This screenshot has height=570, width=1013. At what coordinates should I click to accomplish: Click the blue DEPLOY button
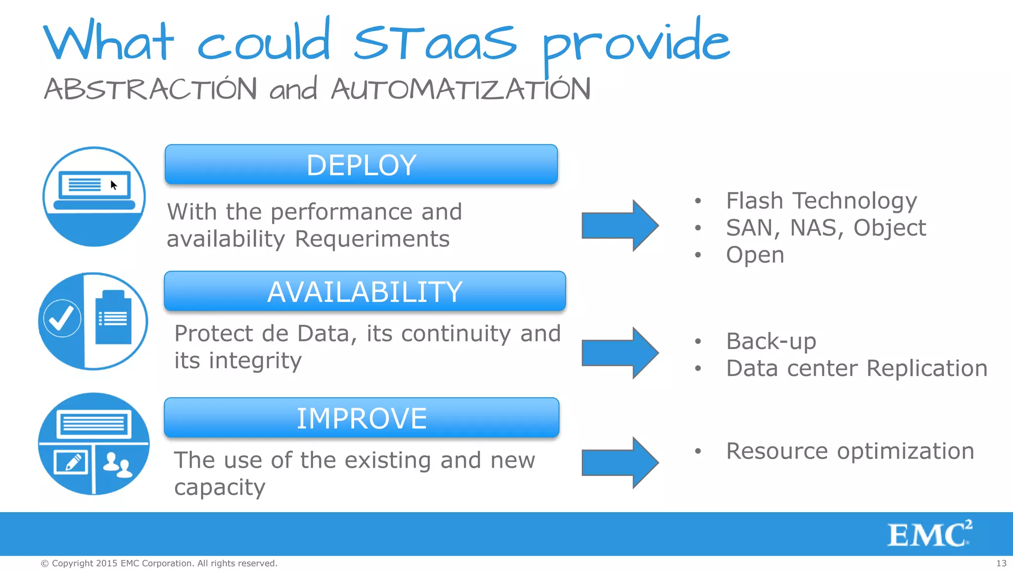(x=361, y=165)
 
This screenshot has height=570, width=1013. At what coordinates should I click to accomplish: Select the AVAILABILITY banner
(x=365, y=291)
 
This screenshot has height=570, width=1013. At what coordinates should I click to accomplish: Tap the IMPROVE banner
(x=361, y=418)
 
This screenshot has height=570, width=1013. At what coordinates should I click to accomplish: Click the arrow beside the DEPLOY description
(x=620, y=226)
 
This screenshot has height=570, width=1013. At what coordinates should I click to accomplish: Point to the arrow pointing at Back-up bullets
(x=620, y=353)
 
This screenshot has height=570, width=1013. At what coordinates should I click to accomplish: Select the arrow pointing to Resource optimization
(x=620, y=463)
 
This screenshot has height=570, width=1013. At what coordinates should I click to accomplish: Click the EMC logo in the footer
(x=929, y=534)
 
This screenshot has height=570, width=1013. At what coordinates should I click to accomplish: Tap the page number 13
(x=1001, y=563)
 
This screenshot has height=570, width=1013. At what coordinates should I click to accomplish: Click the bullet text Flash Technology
(x=821, y=201)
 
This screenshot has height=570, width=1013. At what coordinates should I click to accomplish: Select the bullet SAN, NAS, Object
(x=826, y=228)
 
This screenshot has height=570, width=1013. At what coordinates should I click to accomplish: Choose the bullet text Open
(x=755, y=255)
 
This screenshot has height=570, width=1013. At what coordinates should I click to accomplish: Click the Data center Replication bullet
(x=856, y=369)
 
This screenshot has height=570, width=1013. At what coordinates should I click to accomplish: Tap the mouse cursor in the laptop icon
(x=114, y=186)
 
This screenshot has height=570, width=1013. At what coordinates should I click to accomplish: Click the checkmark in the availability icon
(x=62, y=319)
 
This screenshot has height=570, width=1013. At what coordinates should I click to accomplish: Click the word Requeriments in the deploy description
(x=372, y=239)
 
